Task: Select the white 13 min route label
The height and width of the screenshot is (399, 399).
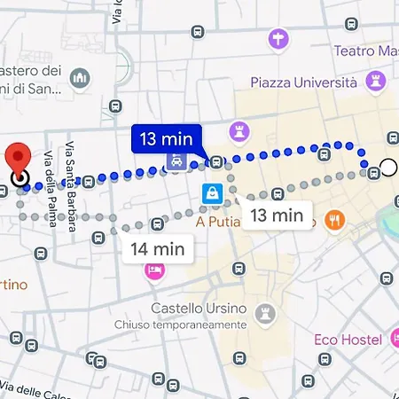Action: point(276,215)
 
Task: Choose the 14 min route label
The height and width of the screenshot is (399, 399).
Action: point(158,248)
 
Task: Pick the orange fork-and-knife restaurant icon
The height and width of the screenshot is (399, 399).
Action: point(335,219)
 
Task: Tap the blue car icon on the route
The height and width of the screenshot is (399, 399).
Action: point(176,162)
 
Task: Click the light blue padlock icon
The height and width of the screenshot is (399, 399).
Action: point(211,192)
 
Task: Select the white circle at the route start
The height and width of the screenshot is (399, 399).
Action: point(388,167)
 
